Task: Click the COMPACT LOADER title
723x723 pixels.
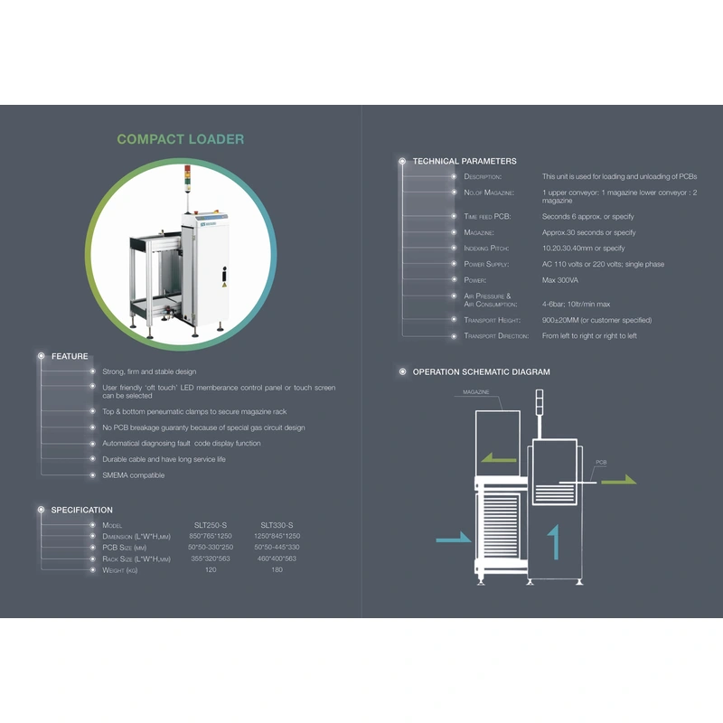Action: pos(180,139)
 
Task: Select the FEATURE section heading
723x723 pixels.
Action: pos(70,356)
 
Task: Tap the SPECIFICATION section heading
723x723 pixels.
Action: pos(81,510)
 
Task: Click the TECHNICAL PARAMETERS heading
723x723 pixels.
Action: pos(465,161)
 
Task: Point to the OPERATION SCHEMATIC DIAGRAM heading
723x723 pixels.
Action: pos(481,371)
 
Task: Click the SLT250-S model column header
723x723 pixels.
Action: pos(211,525)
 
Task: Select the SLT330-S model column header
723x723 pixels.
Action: pos(277,525)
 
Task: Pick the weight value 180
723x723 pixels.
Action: pos(277,570)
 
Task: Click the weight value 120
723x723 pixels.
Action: pos(211,570)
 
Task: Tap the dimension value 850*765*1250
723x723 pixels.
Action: pos(211,536)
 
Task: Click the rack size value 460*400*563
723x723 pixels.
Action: pos(277,559)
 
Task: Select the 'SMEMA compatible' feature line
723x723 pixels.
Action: pos(133,475)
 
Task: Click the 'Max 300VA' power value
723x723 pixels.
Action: pos(560,280)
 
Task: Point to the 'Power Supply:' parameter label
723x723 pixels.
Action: pos(486,264)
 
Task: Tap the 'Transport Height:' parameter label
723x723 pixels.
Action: pos(493,320)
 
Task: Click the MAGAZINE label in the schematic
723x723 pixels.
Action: pos(476,392)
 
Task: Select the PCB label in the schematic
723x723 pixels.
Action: pos(601,462)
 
